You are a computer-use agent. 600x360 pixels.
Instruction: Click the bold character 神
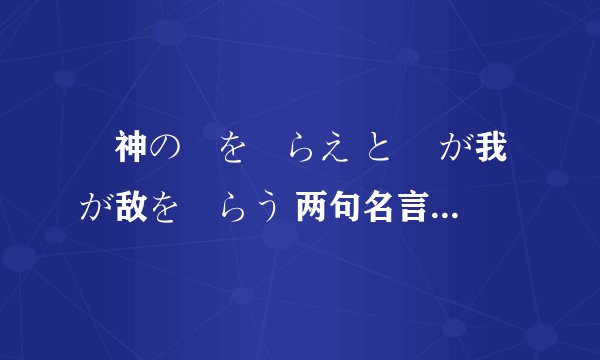point(131,151)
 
